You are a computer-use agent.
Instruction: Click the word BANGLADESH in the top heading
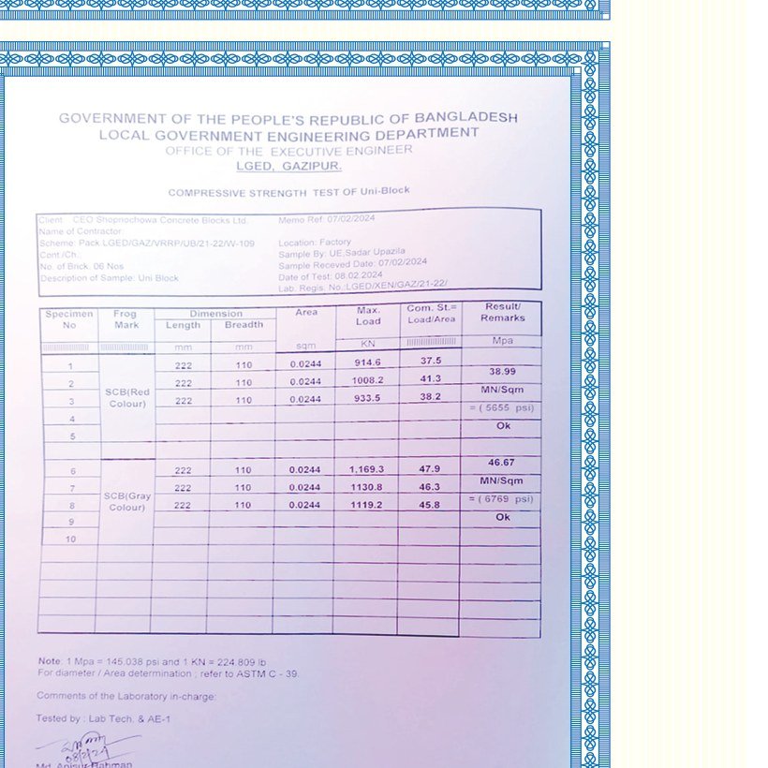465,117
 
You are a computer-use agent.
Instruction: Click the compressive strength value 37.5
430,361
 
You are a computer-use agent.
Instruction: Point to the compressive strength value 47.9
429,468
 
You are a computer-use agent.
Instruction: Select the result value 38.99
502,372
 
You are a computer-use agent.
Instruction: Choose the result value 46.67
502,463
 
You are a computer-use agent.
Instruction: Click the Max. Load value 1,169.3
366,468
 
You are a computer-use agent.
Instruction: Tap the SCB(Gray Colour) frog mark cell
126,502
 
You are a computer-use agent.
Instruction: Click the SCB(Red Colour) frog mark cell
126,398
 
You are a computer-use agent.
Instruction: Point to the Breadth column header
244,325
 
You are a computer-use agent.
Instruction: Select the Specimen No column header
69,319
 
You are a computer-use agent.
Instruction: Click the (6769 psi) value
501,499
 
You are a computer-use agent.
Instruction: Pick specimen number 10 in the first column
70,539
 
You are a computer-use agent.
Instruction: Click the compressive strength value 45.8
429,505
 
